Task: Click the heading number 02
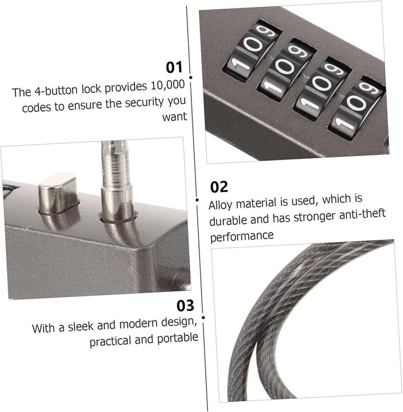(219, 187)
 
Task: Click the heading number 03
(184, 306)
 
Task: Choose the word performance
(242, 235)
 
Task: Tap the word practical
(112, 341)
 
